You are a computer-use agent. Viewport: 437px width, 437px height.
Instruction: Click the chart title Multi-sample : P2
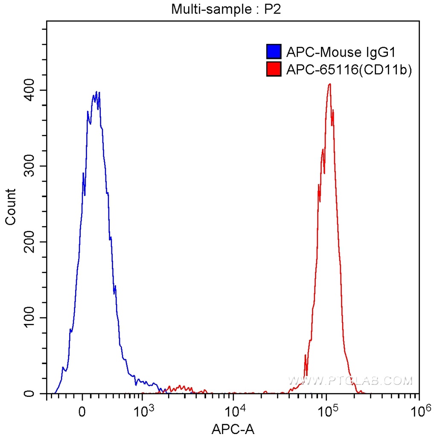(x=226, y=9)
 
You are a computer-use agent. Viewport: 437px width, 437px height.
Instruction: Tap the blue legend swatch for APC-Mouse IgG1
(x=274, y=52)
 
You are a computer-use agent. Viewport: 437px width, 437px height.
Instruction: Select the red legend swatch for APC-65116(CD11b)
(x=274, y=69)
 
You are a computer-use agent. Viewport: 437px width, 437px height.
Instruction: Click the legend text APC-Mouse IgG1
(x=341, y=52)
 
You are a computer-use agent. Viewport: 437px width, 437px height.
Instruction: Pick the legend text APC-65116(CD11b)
(x=349, y=70)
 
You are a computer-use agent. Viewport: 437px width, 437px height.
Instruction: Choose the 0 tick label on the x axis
(x=82, y=412)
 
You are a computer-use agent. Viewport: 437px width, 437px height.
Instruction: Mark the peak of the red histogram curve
(x=329, y=84)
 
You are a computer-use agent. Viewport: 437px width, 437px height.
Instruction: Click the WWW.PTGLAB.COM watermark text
(x=350, y=380)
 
